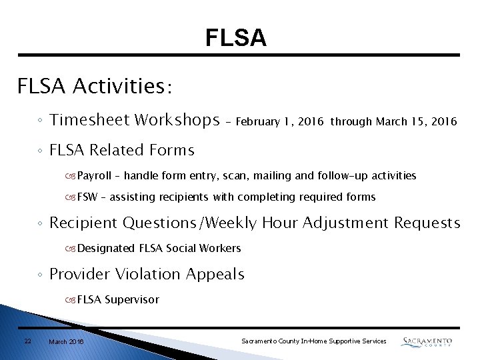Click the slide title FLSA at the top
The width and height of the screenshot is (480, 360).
point(236,38)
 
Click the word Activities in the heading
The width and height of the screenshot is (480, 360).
point(123,86)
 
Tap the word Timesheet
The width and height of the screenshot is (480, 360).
point(89,120)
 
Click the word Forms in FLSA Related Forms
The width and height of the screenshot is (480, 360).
point(172,151)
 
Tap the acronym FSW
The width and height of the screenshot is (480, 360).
point(87,197)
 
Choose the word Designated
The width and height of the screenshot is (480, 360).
point(106,248)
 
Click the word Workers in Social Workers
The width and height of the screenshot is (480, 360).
point(221,248)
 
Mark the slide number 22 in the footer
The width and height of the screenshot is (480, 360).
point(27,341)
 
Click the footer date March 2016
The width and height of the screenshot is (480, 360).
point(66,341)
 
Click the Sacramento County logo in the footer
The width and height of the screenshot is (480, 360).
point(427,341)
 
